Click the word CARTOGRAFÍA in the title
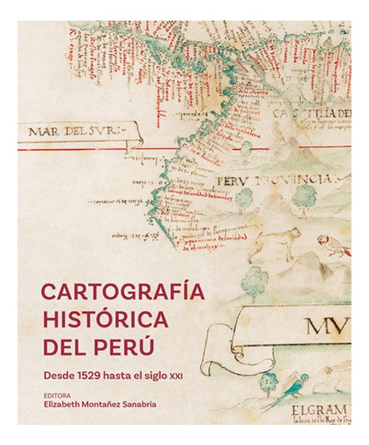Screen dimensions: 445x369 [123, 292]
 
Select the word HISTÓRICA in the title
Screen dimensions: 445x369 [106, 319]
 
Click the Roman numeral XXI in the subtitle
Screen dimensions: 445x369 [176, 376]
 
